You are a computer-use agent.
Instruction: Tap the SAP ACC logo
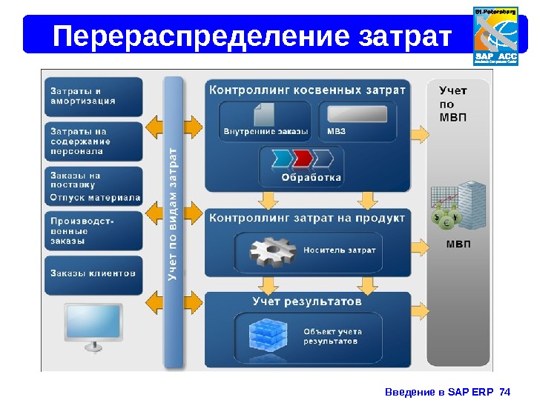[495, 36]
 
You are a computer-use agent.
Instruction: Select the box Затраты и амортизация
[93, 96]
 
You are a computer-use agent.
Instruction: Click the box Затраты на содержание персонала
[93, 141]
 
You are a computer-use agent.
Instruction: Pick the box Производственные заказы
[93, 230]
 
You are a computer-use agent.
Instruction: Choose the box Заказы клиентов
[93, 273]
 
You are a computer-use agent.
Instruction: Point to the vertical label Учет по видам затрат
[173, 215]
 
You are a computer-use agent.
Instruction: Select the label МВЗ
[336, 132]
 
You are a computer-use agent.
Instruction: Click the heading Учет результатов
[307, 302]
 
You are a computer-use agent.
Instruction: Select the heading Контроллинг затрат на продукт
[307, 218]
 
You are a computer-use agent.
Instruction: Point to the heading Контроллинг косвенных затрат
[307, 90]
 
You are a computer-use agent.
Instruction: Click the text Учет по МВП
[454, 104]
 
